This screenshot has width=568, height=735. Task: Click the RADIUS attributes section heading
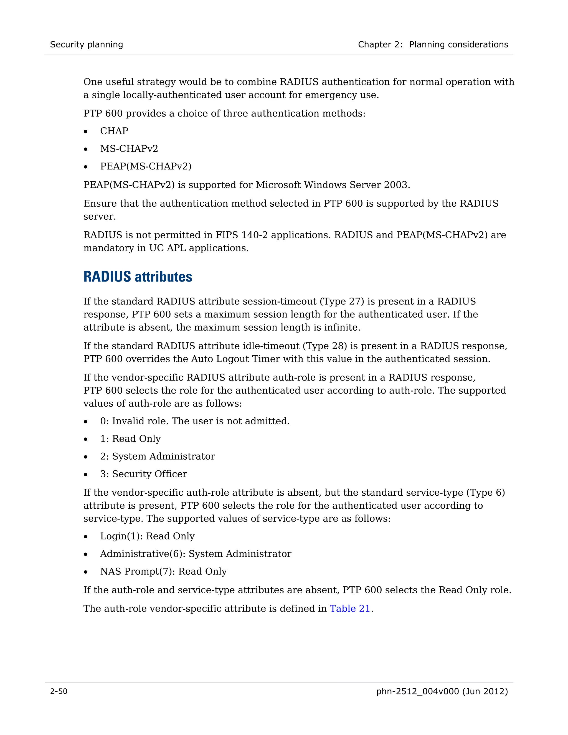click(x=138, y=277)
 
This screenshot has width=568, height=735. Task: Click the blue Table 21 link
click(x=350, y=609)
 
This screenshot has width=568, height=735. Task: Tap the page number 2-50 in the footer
click(x=59, y=691)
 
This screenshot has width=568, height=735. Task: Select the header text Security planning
click(x=87, y=44)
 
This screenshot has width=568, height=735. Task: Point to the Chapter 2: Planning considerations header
click(x=433, y=44)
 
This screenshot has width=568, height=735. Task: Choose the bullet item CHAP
click(x=114, y=131)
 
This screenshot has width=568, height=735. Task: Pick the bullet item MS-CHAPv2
click(x=129, y=148)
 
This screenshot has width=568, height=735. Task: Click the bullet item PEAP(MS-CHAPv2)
click(x=146, y=166)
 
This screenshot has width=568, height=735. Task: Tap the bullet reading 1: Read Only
click(x=130, y=439)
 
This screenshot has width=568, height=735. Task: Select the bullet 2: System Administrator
click(x=158, y=456)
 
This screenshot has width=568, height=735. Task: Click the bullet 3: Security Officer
click(x=143, y=474)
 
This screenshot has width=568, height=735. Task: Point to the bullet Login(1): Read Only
click(x=147, y=536)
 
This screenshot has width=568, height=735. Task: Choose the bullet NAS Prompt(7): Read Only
click(x=163, y=571)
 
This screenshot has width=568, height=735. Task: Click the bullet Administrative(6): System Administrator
click(x=196, y=554)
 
